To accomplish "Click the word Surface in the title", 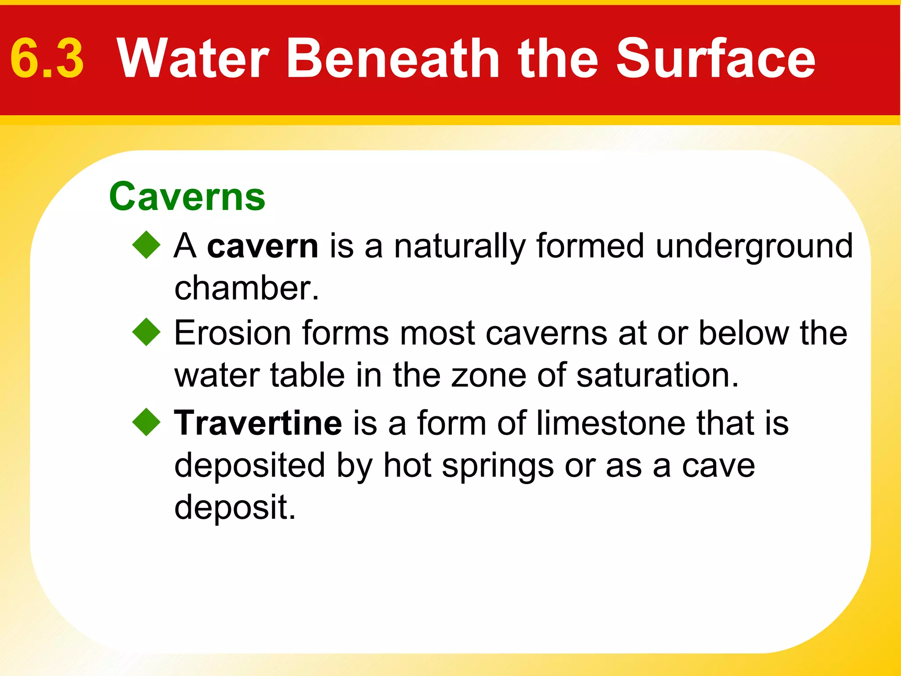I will point(715,59).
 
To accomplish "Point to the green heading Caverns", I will point(187,197).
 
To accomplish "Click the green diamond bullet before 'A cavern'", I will point(147,245).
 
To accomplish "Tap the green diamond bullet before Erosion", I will point(147,332).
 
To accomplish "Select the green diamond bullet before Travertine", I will point(147,422).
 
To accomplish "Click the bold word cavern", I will point(263,246).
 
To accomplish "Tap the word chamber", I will point(246,288).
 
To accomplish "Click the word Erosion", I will point(232,333).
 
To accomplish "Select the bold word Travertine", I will point(258,423).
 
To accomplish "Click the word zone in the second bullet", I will point(488,376).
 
